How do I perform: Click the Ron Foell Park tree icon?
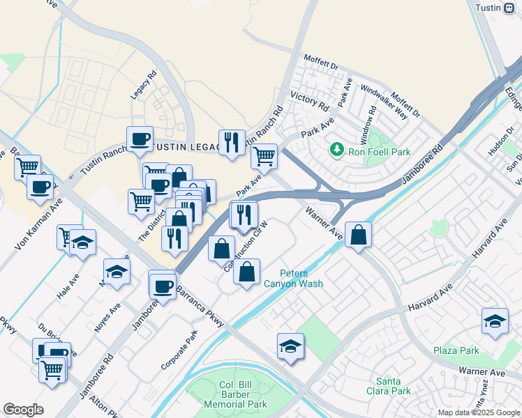tap(337, 149)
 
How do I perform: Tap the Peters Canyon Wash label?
tap(302, 279)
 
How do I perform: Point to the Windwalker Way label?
tap(384, 102)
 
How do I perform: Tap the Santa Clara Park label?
tap(393, 386)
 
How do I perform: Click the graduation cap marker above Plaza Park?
tap(495, 321)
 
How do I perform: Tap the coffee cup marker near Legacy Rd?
tap(140, 139)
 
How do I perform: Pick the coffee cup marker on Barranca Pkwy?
tap(163, 285)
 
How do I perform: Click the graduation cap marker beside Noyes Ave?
tap(117, 272)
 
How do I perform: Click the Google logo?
tap(23, 409)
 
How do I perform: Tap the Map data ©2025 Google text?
tap(478, 412)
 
